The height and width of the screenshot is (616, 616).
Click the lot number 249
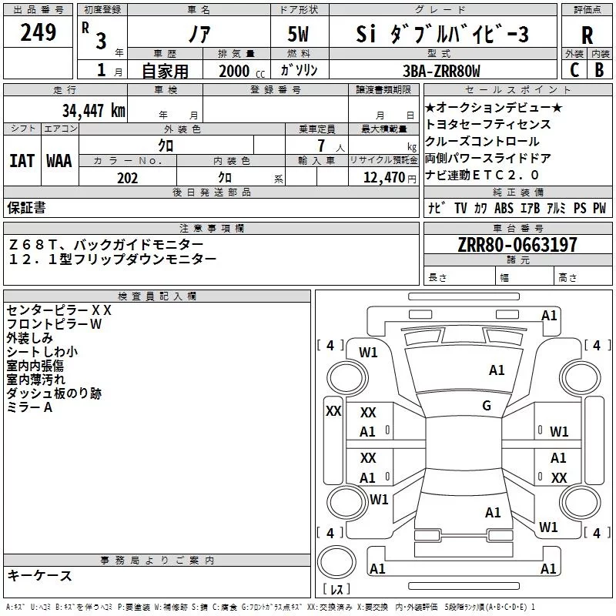click(38, 33)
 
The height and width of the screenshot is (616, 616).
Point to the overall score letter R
click(587, 35)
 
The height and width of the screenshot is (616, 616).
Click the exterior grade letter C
click(574, 69)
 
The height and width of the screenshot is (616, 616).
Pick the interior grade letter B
click(599, 69)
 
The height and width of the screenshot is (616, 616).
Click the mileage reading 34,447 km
click(93, 110)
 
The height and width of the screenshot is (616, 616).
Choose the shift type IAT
click(22, 161)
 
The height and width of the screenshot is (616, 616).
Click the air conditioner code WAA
click(59, 161)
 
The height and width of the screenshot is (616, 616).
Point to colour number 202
click(127, 178)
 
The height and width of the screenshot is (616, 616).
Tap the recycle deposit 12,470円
click(383, 178)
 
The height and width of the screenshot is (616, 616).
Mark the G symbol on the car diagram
click(487, 406)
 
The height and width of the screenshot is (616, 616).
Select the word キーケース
click(39, 575)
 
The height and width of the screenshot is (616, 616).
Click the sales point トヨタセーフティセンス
click(487, 124)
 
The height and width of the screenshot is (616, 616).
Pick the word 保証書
click(26, 207)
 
